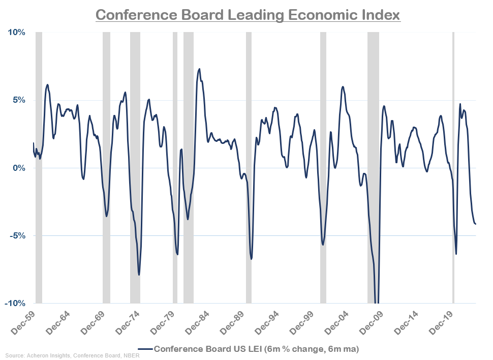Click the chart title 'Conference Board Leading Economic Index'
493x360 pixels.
tap(248, 14)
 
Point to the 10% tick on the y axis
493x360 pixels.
tap(16, 33)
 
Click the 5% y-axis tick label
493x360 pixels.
tap(18, 100)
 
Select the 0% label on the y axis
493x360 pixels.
tap(18, 168)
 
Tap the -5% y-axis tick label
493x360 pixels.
tap(17, 235)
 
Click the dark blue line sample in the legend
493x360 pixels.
tap(145, 349)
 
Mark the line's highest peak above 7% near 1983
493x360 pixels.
tap(199, 69)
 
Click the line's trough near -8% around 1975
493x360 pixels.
tap(139, 275)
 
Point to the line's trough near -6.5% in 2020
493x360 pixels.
tap(456, 254)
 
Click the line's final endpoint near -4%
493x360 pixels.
tap(475, 224)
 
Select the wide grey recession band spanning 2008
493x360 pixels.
tap(374, 168)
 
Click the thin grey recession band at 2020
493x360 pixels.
tap(453, 168)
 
